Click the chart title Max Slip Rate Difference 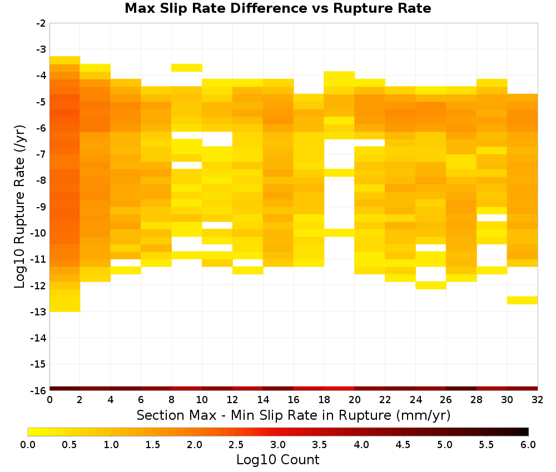(216, 8)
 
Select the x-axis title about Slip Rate (294, 415)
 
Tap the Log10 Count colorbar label (278, 460)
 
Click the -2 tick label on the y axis (41, 23)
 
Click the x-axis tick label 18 (324, 400)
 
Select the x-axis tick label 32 (538, 400)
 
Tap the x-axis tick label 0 (49, 400)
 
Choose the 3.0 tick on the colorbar (278, 445)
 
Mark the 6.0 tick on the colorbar (528, 445)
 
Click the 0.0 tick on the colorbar (28, 445)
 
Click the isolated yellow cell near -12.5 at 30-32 (522, 300)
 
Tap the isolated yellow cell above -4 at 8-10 (186, 68)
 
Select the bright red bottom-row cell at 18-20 (339, 389)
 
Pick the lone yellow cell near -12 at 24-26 (431, 285)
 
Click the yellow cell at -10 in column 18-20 (339, 233)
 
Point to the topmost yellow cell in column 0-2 (65, 60)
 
